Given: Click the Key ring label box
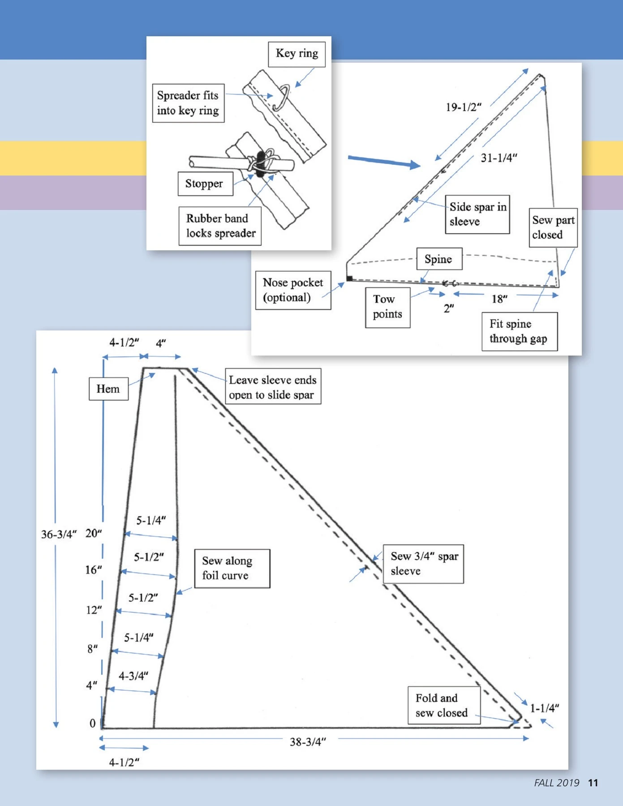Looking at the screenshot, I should tap(297, 54).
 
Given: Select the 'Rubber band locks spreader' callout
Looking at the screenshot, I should tap(220, 226).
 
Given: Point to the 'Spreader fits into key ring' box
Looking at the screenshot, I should tap(188, 103).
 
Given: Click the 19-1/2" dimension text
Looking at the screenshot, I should tap(463, 107).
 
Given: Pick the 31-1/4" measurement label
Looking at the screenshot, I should tap(499, 158).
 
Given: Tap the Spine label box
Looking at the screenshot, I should tap(439, 259).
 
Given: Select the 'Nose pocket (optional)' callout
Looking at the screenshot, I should tap(293, 290).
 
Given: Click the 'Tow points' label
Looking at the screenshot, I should tap(387, 307).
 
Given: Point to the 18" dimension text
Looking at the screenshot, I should tap(499, 299).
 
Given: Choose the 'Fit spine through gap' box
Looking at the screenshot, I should tap(519, 331).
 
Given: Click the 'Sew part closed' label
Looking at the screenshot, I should tap(553, 227).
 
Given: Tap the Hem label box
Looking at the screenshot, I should tap(108, 389).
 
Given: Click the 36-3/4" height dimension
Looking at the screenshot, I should tap(59, 534).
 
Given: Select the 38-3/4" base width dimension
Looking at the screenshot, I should tap(308, 742).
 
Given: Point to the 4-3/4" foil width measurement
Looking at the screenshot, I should tap(133, 676).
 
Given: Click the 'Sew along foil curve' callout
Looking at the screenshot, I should tap(232, 568).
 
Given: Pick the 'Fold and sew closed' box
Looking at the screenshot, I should tap(443, 705).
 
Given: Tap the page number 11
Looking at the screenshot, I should tap(593, 783).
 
